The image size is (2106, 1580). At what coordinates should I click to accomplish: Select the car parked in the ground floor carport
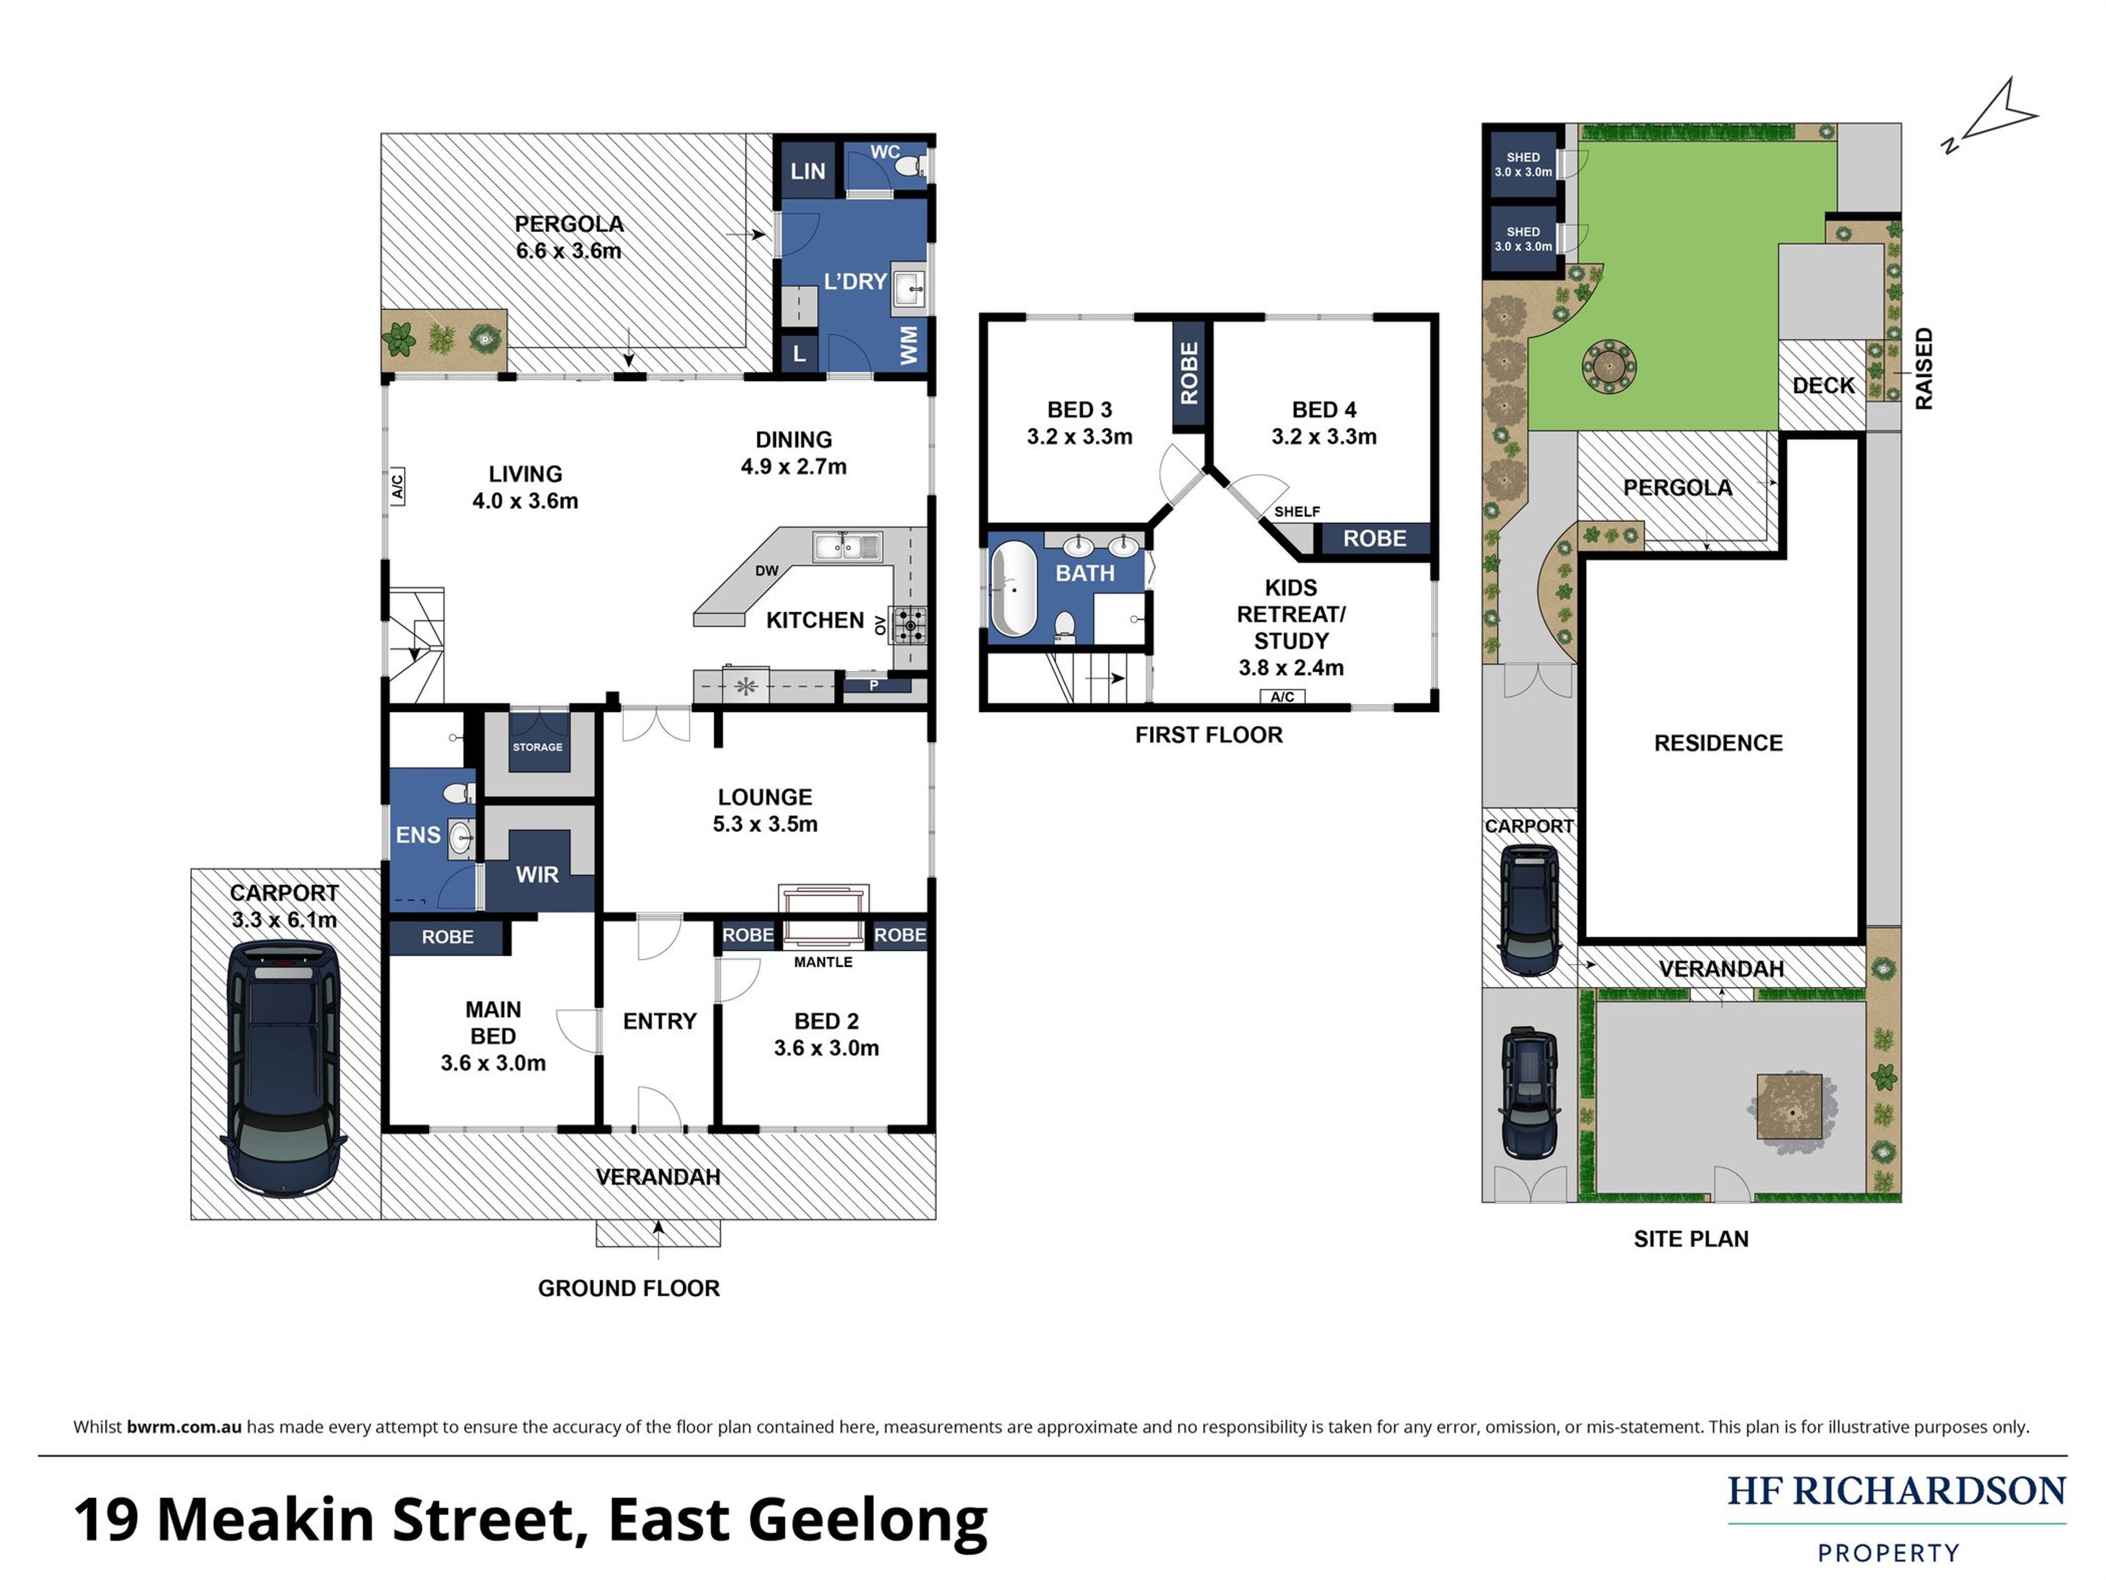284,1067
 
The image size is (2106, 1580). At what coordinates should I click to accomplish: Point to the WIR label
537,874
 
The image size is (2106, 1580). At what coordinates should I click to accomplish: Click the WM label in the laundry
909,345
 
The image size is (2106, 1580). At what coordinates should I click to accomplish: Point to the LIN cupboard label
807,172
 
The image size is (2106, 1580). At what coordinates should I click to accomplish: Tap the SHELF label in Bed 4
1297,512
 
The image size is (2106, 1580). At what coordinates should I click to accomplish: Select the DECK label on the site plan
1823,386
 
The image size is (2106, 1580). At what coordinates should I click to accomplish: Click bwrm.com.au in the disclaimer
184,1427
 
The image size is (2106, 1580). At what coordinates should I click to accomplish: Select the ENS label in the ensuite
418,835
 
